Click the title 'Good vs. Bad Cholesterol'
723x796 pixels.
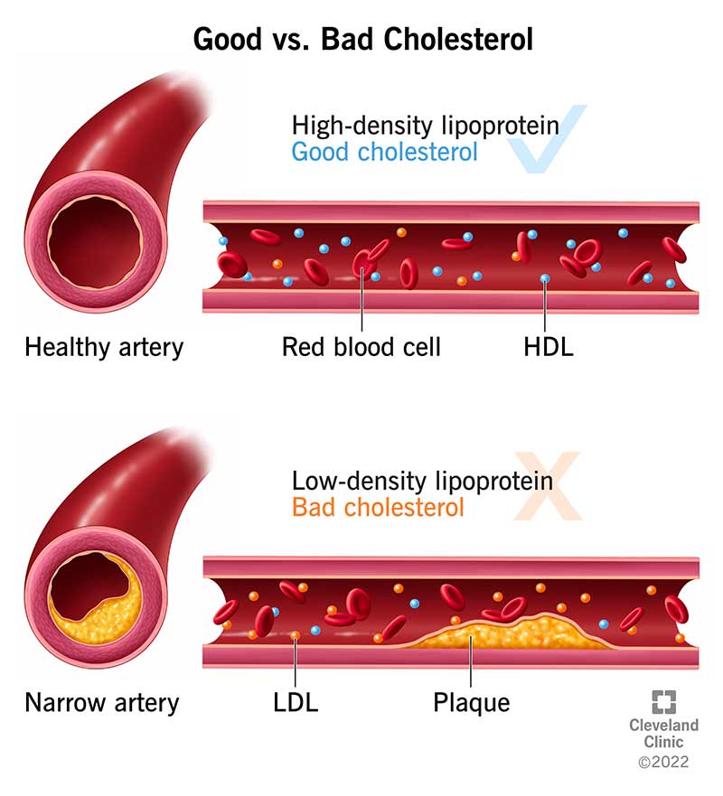[x=361, y=40]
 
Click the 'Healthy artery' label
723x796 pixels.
[x=104, y=347]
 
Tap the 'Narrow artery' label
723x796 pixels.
[x=102, y=702]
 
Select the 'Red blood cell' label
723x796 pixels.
[x=361, y=347]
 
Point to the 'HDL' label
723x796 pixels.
[x=548, y=347]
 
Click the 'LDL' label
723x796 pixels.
[x=295, y=702]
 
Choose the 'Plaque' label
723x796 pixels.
[x=471, y=702]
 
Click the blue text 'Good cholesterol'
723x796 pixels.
[x=384, y=151]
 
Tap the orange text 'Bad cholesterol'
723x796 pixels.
[x=378, y=506]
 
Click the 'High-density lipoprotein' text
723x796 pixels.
[x=425, y=125]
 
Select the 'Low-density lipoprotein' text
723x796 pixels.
[x=422, y=480]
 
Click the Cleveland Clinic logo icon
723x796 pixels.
[x=664, y=703]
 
